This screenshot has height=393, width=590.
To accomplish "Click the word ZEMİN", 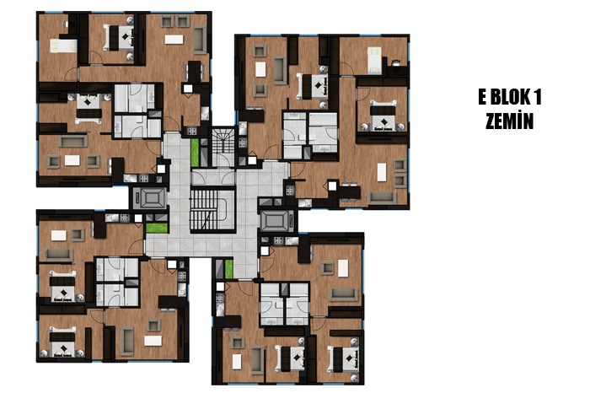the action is point(509,121).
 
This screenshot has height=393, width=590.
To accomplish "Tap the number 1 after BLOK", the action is point(537,97).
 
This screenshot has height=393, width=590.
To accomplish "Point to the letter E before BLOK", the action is point(482,97).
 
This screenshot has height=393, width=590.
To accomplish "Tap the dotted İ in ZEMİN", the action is point(519,121).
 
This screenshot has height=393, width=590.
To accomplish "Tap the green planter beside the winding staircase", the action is point(195,153).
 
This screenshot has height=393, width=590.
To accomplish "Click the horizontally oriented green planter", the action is point(157,228).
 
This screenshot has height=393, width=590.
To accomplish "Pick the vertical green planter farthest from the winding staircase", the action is point(228,268).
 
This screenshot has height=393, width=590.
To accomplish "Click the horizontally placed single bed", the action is point(63,46).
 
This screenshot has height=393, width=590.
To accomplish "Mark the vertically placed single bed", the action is point(374,59).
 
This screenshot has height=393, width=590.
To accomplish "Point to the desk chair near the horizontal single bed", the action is point(67,24).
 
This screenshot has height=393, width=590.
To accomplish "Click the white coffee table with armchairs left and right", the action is point(72,160).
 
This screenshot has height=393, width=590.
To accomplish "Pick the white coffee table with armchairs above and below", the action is point(260,69).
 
